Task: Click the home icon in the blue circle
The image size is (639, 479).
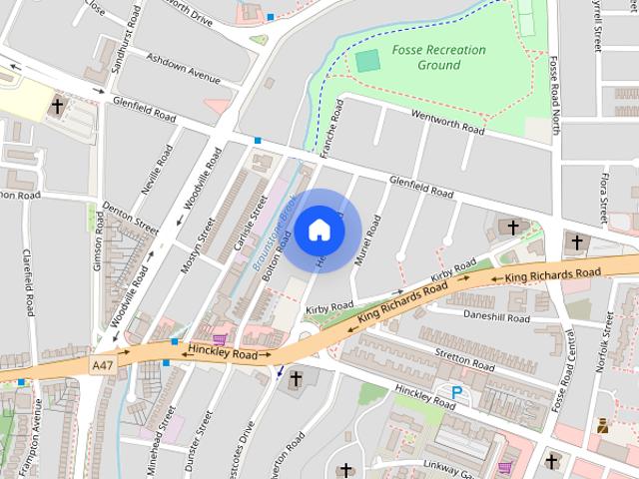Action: click(319, 230)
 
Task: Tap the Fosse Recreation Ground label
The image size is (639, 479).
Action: click(439, 57)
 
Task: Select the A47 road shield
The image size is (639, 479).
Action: click(101, 366)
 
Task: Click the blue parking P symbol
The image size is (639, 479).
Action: click(457, 393)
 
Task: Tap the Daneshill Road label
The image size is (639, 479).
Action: click(497, 317)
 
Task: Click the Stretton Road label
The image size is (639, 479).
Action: click(465, 359)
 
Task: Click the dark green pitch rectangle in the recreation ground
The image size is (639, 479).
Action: click(368, 61)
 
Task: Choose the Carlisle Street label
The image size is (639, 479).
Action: click(246, 224)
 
